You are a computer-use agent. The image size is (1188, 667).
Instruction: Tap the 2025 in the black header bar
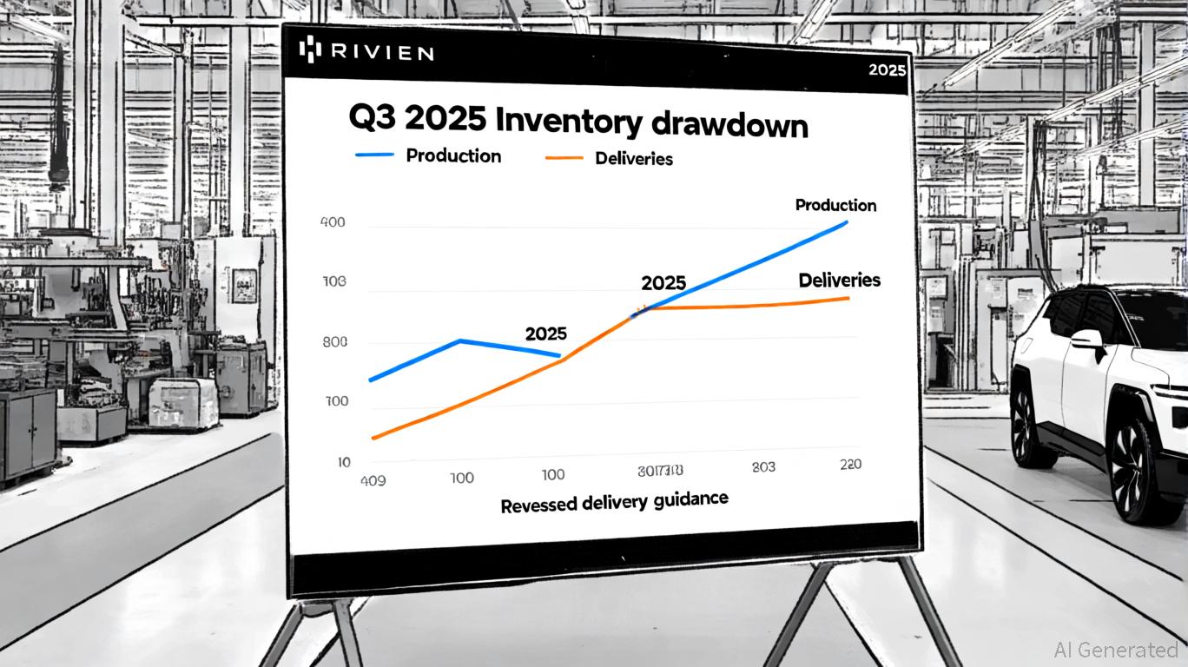(887, 70)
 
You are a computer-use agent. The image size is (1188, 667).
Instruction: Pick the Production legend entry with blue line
(428, 155)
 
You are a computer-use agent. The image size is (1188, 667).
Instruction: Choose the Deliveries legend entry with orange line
(608, 158)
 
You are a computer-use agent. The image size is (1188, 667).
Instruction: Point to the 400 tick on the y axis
(333, 222)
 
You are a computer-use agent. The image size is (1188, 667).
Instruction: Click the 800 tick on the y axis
(334, 342)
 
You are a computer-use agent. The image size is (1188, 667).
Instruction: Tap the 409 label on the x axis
(373, 478)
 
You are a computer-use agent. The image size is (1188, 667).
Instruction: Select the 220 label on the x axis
(850, 465)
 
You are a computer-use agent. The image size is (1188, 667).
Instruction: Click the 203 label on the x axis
(763, 467)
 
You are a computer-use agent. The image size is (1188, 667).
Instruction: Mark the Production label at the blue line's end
(835, 205)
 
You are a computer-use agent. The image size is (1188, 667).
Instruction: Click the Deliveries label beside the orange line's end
(839, 281)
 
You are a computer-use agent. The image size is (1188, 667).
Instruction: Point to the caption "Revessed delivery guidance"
(614, 502)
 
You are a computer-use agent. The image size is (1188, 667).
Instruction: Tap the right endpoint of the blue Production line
(846, 222)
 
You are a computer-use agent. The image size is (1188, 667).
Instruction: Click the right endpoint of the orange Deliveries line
(848, 298)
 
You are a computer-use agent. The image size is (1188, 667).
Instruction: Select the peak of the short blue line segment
(459, 340)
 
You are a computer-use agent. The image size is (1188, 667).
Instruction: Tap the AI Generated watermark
(1116, 650)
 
